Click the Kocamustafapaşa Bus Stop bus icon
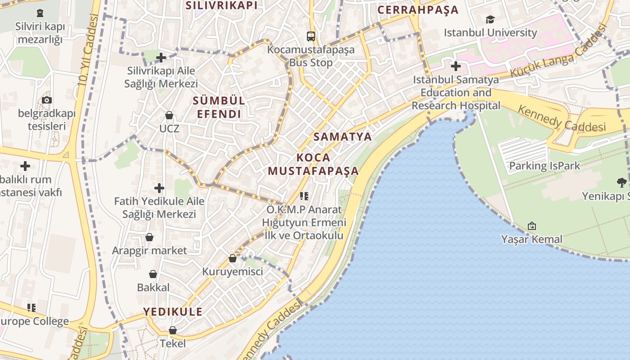tap(310, 36)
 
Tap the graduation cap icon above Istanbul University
tap(490, 19)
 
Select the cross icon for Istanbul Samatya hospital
tap(456, 66)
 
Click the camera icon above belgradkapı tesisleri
tap(47, 100)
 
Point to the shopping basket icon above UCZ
tap(169, 115)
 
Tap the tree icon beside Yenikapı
tap(621, 182)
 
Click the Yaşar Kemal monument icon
tap(532, 225)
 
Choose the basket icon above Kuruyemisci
tap(233, 258)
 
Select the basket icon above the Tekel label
tap(173, 330)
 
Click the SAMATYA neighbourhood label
tap(342, 136)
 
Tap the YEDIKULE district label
tap(173, 311)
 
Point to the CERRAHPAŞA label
tap(418, 10)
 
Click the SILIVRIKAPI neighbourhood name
tap(221, 5)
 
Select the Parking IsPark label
tap(544, 166)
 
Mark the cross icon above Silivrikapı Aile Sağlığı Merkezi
tap(161, 58)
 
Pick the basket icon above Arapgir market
tap(149, 237)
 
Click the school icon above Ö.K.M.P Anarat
tap(304, 196)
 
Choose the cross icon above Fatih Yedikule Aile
tap(159, 188)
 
